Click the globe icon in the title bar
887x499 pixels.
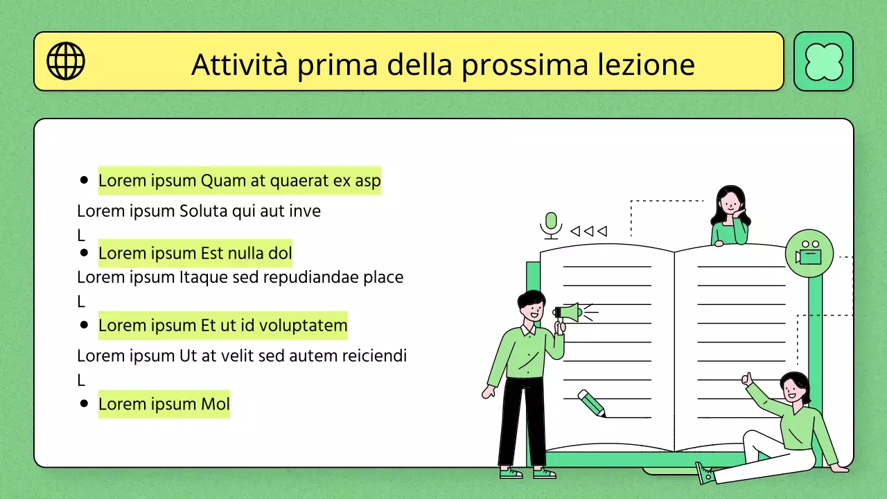click(66, 61)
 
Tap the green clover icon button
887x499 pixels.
click(823, 62)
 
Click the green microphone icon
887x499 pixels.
click(551, 225)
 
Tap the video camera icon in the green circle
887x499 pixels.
click(809, 253)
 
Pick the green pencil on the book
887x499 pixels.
click(591, 403)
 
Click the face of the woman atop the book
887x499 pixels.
click(729, 203)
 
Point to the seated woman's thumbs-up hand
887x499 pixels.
click(747, 378)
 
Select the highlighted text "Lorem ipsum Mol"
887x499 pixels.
click(164, 404)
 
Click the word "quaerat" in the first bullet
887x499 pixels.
click(299, 181)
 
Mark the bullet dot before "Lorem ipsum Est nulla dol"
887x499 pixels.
click(85, 253)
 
